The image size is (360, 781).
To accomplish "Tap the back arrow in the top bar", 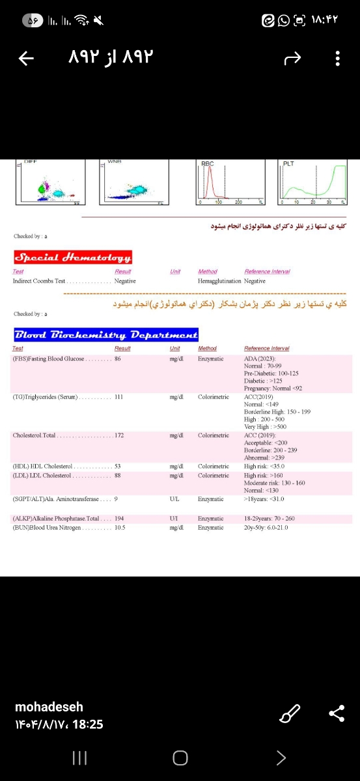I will click(26, 59).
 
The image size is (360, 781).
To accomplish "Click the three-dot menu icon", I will click(338, 59).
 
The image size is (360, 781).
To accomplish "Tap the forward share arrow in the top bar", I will click(294, 59).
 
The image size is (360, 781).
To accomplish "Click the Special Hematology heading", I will click(73, 256).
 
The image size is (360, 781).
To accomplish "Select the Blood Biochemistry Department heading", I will click(106, 335).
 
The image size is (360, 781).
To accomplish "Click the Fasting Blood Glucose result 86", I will click(118, 359).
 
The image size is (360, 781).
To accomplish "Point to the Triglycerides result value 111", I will click(118, 397).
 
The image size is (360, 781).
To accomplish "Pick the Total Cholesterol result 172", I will click(119, 435).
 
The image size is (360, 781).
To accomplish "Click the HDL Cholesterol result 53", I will click(118, 466).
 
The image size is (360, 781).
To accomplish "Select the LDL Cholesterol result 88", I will click(118, 475).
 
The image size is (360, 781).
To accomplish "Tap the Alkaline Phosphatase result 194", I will click(119, 518).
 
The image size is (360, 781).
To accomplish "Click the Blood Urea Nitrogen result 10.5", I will click(120, 527).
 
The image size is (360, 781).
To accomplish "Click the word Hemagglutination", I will click(219, 281).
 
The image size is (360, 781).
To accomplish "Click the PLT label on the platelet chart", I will click(288, 163).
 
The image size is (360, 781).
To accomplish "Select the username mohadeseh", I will click(49, 707).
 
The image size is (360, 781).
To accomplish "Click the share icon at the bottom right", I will click(337, 715).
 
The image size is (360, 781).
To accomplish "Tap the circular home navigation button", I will click(180, 757).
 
